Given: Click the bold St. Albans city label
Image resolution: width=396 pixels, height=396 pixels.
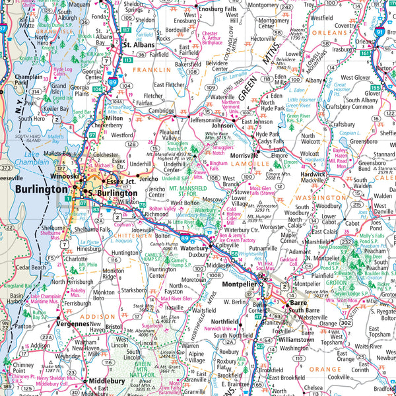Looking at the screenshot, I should pos(139,45).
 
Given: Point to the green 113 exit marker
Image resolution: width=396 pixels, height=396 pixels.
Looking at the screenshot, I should pos(127,59).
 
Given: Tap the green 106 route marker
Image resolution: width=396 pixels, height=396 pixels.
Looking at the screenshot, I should pos(98,89).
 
